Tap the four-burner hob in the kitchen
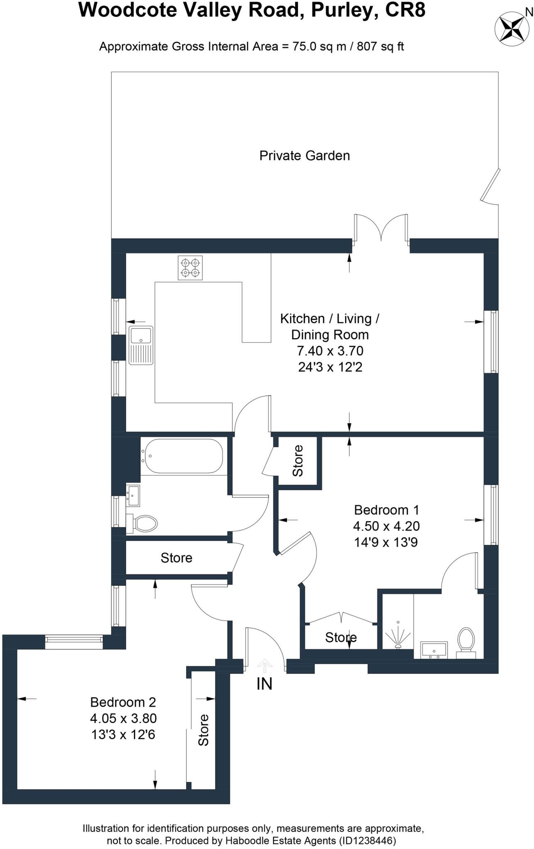[x=190, y=268]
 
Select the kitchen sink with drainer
[x=141, y=345]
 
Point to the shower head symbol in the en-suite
[x=398, y=636]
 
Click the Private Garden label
[x=305, y=156]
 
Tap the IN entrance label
[x=264, y=684]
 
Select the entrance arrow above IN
[x=265, y=665]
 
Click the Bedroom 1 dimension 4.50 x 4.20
[x=386, y=526]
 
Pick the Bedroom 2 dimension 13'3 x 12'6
[x=123, y=735]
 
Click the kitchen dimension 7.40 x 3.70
[x=330, y=351]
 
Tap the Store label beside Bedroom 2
[x=203, y=730]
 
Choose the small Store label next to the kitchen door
[x=298, y=461]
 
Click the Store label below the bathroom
[x=176, y=558]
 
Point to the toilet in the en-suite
[x=466, y=640]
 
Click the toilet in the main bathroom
[x=143, y=523]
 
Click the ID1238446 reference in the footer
[x=367, y=841]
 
